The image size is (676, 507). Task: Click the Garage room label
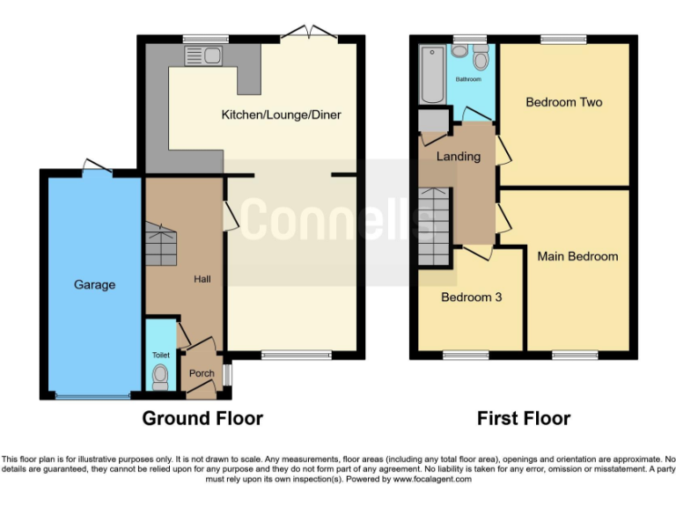pyautogui.click(x=94, y=284)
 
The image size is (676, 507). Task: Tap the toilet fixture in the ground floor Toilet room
pyautogui.click(x=159, y=377)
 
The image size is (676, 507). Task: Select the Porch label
pyautogui.click(x=202, y=373)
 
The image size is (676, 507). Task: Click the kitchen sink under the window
pyautogui.click(x=202, y=56)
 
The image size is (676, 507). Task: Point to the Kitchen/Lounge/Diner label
pyautogui.click(x=281, y=114)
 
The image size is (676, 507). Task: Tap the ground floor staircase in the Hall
pyautogui.click(x=161, y=245)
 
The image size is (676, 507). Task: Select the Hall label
pyautogui.click(x=202, y=280)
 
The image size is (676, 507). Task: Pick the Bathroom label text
pyautogui.click(x=468, y=79)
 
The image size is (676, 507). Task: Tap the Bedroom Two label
pyautogui.click(x=563, y=102)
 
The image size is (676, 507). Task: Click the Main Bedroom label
pyautogui.click(x=577, y=256)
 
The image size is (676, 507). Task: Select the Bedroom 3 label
pyautogui.click(x=471, y=297)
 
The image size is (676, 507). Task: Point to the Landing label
pyautogui.click(x=459, y=157)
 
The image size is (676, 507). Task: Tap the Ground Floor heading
pyautogui.click(x=202, y=418)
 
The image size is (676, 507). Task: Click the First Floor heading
pyautogui.click(x=523, y=418)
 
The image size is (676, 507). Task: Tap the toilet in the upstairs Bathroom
pyautogui.click(x=481, y=58)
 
